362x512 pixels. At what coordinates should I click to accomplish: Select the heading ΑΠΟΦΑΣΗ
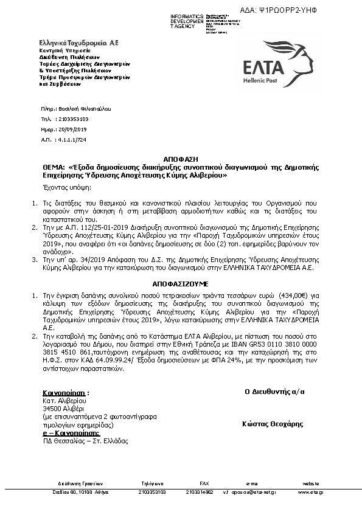pyautogui.click(x=180, y=157)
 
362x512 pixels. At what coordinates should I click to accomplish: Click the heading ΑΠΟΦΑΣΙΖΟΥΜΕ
pyautogui.click(x=180, y=283)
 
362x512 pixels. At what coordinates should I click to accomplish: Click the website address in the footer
pyautogui.click(x=310, y=492)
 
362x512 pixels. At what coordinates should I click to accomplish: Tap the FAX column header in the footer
pyautogui.click(x=204, y=483)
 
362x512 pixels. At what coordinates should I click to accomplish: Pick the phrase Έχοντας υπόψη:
pyautogui.click(x=64, y=188)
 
